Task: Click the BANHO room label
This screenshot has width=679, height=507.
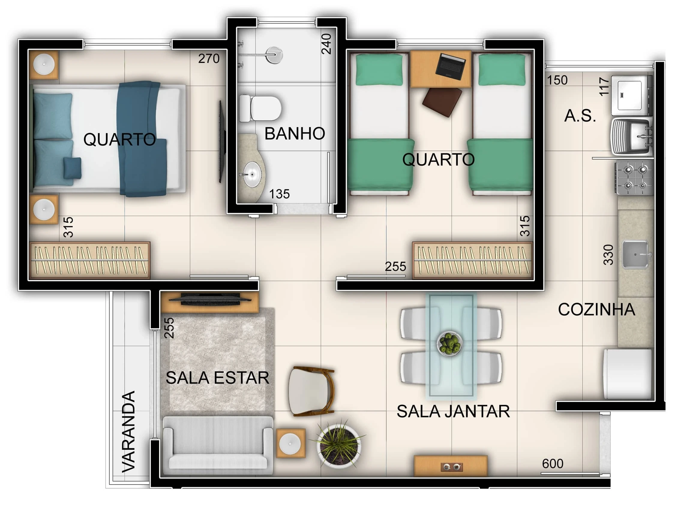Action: click(295, 134)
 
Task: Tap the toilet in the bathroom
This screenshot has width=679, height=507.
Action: click(260, 108)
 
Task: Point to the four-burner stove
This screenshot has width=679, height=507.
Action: click(634, 178)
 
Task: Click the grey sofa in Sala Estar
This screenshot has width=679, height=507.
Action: click(218, 445)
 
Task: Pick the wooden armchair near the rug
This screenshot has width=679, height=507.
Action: click(311, 391)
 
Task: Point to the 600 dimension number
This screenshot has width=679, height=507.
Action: click(553, 464)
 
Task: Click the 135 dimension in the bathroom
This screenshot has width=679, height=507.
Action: click(279, 194)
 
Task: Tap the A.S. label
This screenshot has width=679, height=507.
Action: click(580, 116)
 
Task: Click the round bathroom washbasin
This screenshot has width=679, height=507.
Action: click(252, 174)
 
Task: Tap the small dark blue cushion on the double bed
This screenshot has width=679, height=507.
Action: click(72, 168)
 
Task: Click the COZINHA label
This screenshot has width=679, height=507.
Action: click(596, 310)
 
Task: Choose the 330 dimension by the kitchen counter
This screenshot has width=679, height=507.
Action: click(608, 254)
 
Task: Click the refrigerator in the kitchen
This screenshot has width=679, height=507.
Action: click(627, 374)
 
